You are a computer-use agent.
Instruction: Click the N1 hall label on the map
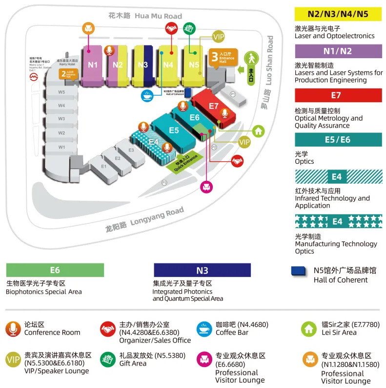pyautogui.click(x=93, y=65)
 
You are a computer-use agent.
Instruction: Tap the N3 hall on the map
pyautogui.click(x=142, y=65)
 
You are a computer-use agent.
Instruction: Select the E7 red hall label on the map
pyautogui.click(x=213, y=106)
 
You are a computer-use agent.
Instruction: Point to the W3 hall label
pyautogui.click(x=61, y=119)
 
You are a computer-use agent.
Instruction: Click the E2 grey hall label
pyautogui.click(x=117, y=158)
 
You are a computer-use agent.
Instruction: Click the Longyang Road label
pyautogui.click(x=145, y=218)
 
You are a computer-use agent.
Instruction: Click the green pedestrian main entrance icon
pyautogui.click(x=250, y=58)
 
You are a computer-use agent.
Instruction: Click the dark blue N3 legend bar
pyautogui.click(x=202, y=270)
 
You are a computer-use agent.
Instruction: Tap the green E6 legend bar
pyautogui.click(x=55, y=270)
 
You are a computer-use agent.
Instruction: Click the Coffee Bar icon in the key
pyautogui.click(x=203, y=328)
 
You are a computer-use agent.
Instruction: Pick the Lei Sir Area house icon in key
pyautogui.click(x=309, y=328)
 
